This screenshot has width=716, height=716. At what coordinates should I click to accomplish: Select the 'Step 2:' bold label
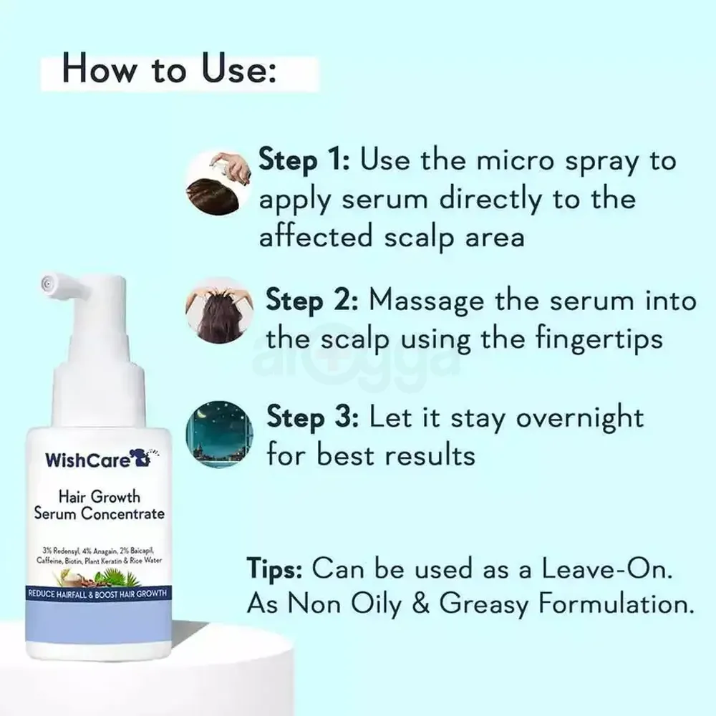312,301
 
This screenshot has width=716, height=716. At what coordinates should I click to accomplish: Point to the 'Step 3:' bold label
312,416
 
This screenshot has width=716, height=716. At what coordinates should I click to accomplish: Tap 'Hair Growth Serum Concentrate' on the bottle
100,505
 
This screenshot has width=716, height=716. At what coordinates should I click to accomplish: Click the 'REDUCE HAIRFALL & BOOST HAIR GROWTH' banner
97,594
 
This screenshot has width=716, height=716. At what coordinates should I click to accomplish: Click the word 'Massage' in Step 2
427,301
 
